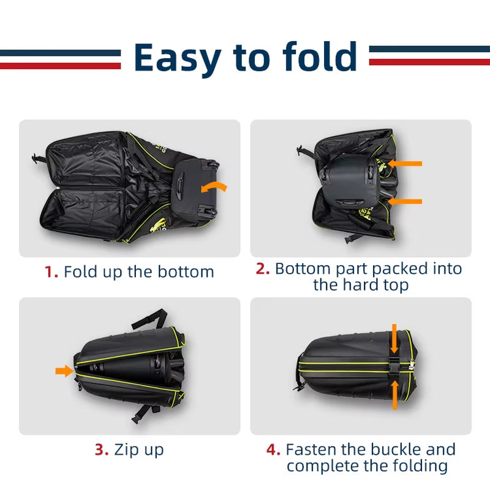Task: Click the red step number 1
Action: pyautogui.click(x=51, y=272)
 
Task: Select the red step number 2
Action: pyautogui.click(x=263, y=269)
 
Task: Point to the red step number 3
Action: pyautogui.click(x=101, y=450)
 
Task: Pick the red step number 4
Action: pyautogui.click(x=273, y=450)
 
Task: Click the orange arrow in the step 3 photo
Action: pyautogui.click(x=63, y=371)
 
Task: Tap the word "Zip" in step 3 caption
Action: pyautogui.click(x=126, y=450)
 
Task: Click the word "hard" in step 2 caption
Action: pyautogui.click(x=363, y=285)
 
